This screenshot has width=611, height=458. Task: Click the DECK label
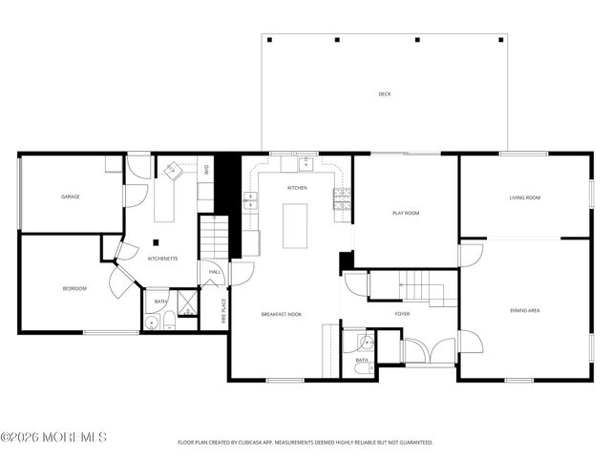coord(384,94)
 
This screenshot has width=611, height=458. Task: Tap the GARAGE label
coord(71,197)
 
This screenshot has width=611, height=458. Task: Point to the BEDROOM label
coord(74,288)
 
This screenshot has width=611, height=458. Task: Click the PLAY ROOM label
coord(406,213)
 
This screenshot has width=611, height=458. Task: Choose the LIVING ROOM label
coord(525,197)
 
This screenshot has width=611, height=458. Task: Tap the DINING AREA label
coord(526,310)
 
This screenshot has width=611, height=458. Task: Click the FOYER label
coord(402,313)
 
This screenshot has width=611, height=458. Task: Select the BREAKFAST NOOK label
coord(282,314)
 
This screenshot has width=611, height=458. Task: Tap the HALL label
coord(215,272)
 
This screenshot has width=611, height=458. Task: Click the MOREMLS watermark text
coord(54,438)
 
